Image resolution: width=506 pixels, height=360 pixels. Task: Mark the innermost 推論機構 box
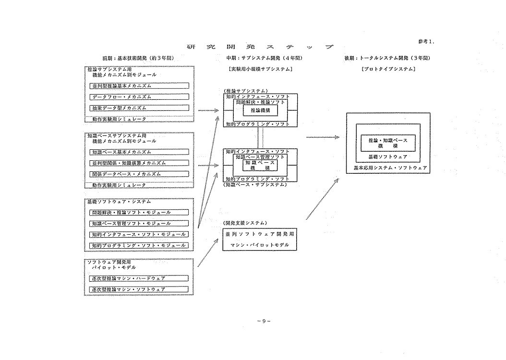[259, 110]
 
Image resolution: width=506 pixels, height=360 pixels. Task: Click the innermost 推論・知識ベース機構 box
[387, 143]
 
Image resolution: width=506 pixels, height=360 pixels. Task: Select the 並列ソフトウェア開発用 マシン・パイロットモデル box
[260, 239]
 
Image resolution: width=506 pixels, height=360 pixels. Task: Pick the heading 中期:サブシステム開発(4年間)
[260, 58]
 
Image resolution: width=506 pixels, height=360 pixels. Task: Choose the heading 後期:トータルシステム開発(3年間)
[387, 58]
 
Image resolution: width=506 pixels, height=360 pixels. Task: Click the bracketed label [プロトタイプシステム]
[388, 69]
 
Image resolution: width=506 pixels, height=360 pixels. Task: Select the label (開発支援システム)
[245, 223]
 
